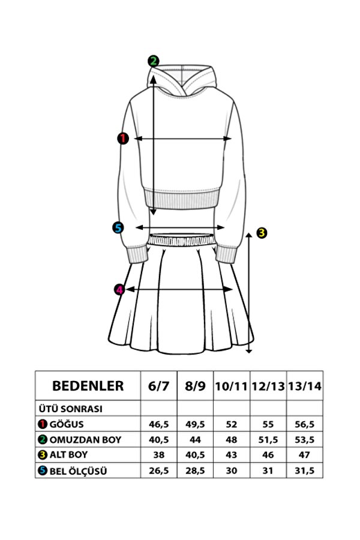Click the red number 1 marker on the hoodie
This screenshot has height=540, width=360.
[x=122, y=139]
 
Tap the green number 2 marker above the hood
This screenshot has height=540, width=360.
[x=154, y=61]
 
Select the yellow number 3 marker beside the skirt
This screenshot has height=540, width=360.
[x=261, y=233]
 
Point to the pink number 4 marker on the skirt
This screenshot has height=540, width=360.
[x=119, y=290]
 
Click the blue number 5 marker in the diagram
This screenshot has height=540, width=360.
[x=118, y=227]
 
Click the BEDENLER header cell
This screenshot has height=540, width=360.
[x=88, y=385]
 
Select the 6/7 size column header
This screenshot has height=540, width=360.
[x=159, y=386]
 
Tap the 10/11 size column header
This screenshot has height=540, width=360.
[x=232, y=386]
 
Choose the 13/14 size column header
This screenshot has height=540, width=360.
[x=305, y=386]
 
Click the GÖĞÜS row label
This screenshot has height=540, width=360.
[x=67, y=424]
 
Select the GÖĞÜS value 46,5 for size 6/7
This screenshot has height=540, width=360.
[x=159, y=424]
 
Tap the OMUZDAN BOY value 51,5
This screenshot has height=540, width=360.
[x=268, y=440]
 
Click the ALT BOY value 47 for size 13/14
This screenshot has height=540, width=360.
[x=305, y=455]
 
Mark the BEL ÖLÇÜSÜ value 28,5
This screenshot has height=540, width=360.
[x=195, y=471]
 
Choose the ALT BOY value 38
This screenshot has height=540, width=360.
[x=159, y=455]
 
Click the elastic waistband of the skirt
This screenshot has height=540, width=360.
[x=181, y=240]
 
